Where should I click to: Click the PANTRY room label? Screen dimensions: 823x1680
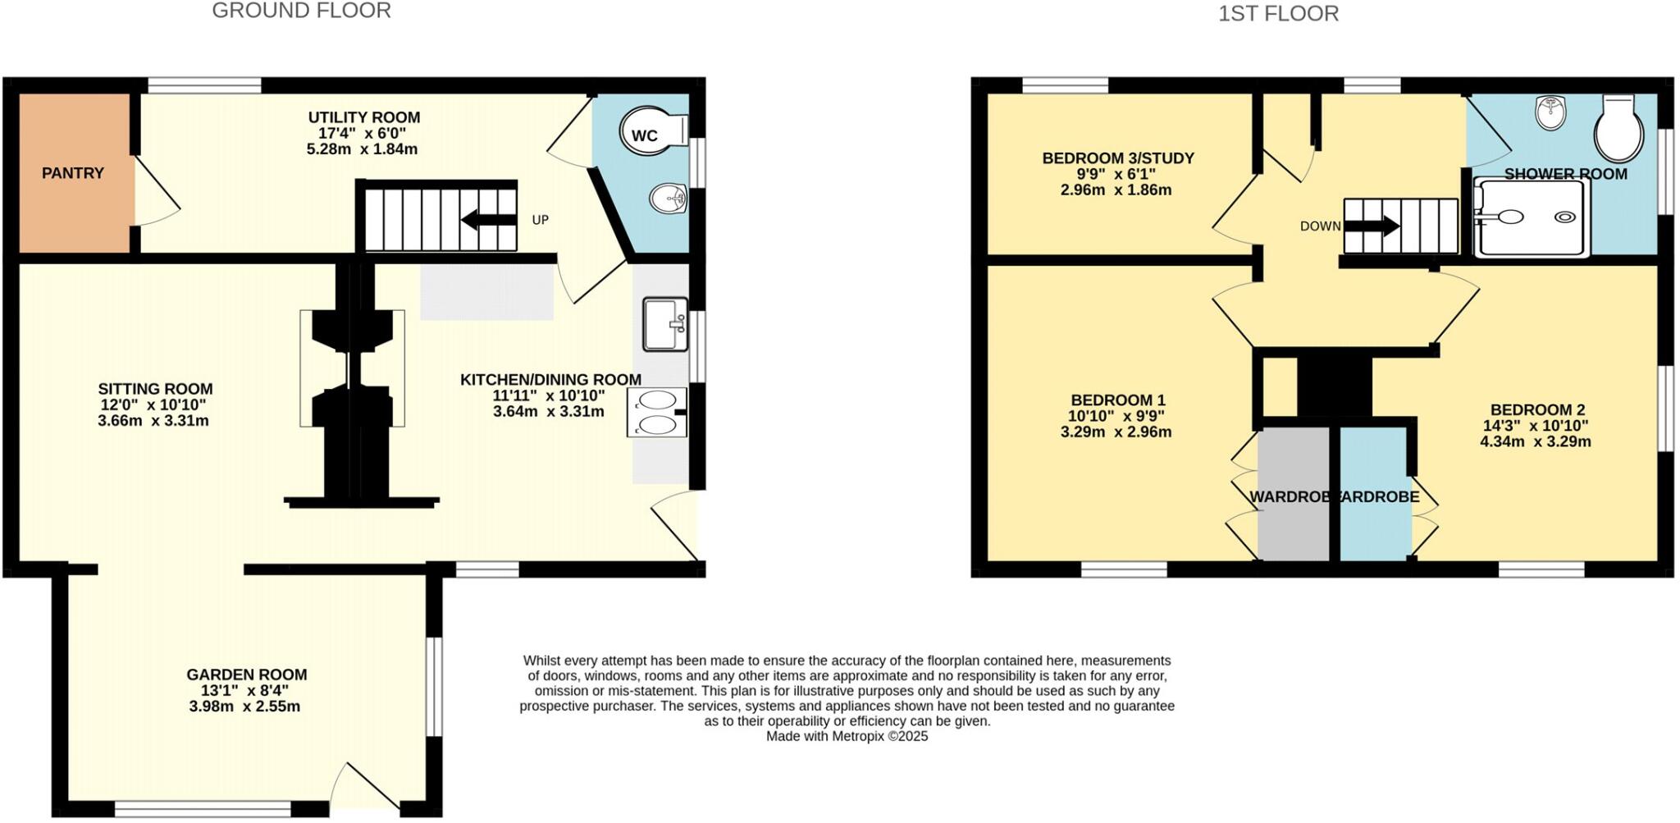pyautogui.click(x=73, y=173)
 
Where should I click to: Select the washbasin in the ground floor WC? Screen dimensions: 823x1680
pyautogui.click(x=668, y=198)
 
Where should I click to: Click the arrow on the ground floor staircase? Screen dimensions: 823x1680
pyautogui.click(x=488, y=220)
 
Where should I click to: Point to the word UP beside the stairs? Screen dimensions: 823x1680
pyautogui.click(x=540, y=220)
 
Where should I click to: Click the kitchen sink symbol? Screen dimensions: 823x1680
pyautogui.click(x=664, y=324)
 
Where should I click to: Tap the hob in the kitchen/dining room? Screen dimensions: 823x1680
pyautogui.click(x=656, y=413)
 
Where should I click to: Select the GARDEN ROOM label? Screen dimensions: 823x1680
pyautogui.click(x=246, y=674)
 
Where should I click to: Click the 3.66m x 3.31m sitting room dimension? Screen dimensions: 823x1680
pyautogui.click(x=153, y=421)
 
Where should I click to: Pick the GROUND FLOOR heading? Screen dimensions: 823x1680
pyautogui.click(x=301, y=11)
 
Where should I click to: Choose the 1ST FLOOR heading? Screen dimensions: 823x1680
pyautogui.click(x=1278, y=14)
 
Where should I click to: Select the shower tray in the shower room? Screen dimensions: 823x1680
pyautogui.click(x=1531, y=217)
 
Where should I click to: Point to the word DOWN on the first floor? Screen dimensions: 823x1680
pyautogui.click(x=1320, y=226)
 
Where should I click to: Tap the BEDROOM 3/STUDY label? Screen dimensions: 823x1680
pyautogui.click(x=1118, y=158)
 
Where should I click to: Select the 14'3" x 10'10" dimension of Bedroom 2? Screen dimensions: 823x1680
pyautogui.click(x=1536, y=426)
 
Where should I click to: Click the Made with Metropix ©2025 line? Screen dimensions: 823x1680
pyautogui.click(x=847, y=736)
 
